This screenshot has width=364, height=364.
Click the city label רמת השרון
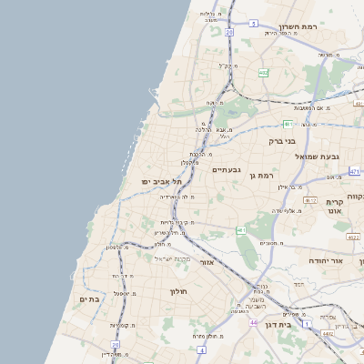[x=298, y=27]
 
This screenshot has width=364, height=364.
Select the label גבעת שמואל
[x=310, y=157]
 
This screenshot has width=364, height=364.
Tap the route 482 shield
[x=263, y=72]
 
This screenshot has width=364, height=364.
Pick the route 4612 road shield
[x=310, y=200]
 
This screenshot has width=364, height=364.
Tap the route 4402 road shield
[x=327, y=333]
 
